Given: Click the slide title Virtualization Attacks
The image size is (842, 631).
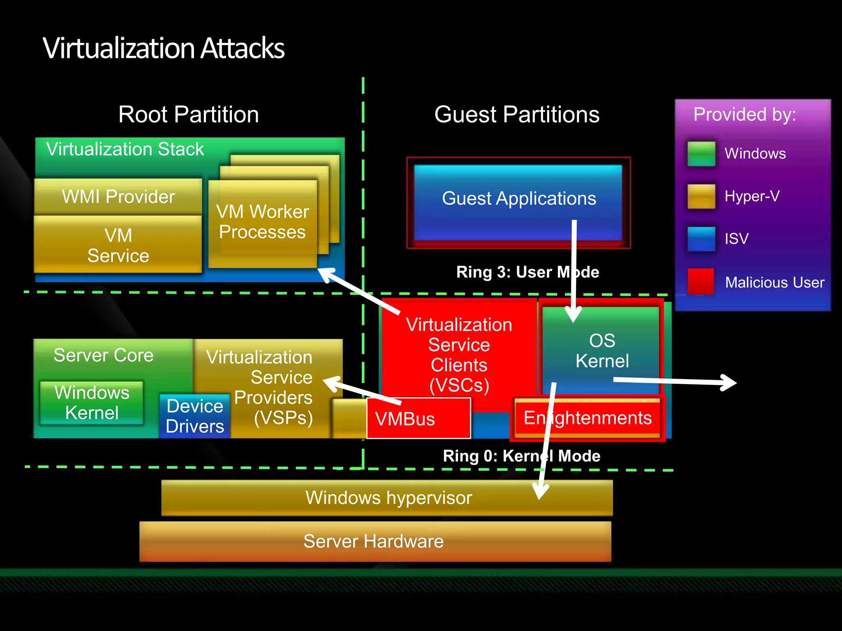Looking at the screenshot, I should (x=163, y=48).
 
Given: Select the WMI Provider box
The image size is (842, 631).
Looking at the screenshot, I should (x=118, y=196).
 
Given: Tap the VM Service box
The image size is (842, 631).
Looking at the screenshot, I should (x=118, y=245).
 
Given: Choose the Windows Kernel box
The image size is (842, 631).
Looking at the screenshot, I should (x=92, y=403).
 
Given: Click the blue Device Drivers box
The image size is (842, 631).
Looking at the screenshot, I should (x=194, y=416).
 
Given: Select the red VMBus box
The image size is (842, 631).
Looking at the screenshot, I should (x=418, y=419).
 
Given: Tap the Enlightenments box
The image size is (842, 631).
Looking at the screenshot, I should (x=587, y=418).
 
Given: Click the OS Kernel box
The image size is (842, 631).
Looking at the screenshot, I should (x=601, y=350).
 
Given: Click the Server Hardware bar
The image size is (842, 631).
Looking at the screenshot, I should (x=374, y=541).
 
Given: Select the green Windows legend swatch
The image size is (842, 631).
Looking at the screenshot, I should (x=701, y=154).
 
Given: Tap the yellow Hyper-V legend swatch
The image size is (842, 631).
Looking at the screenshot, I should (x=701, y=196).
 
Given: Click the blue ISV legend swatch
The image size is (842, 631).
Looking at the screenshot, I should (x=701, y=239).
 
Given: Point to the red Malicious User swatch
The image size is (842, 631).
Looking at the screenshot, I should (x=701, y=281).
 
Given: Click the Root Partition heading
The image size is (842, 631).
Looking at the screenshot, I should (x=188, y=114).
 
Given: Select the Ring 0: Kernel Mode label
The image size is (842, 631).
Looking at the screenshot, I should (x=521, y=456).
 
